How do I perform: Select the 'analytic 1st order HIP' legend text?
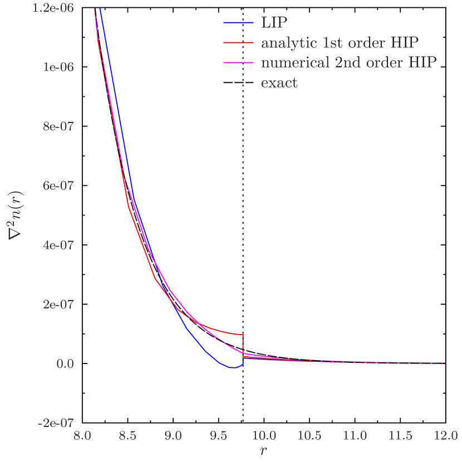point(340,43)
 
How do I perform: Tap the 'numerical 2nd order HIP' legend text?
point(348,62)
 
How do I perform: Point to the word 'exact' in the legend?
point(279,83)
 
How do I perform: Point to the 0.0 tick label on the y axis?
point(65,363)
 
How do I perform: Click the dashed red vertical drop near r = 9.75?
point(243,343)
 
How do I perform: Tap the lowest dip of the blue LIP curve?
point(232,367)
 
